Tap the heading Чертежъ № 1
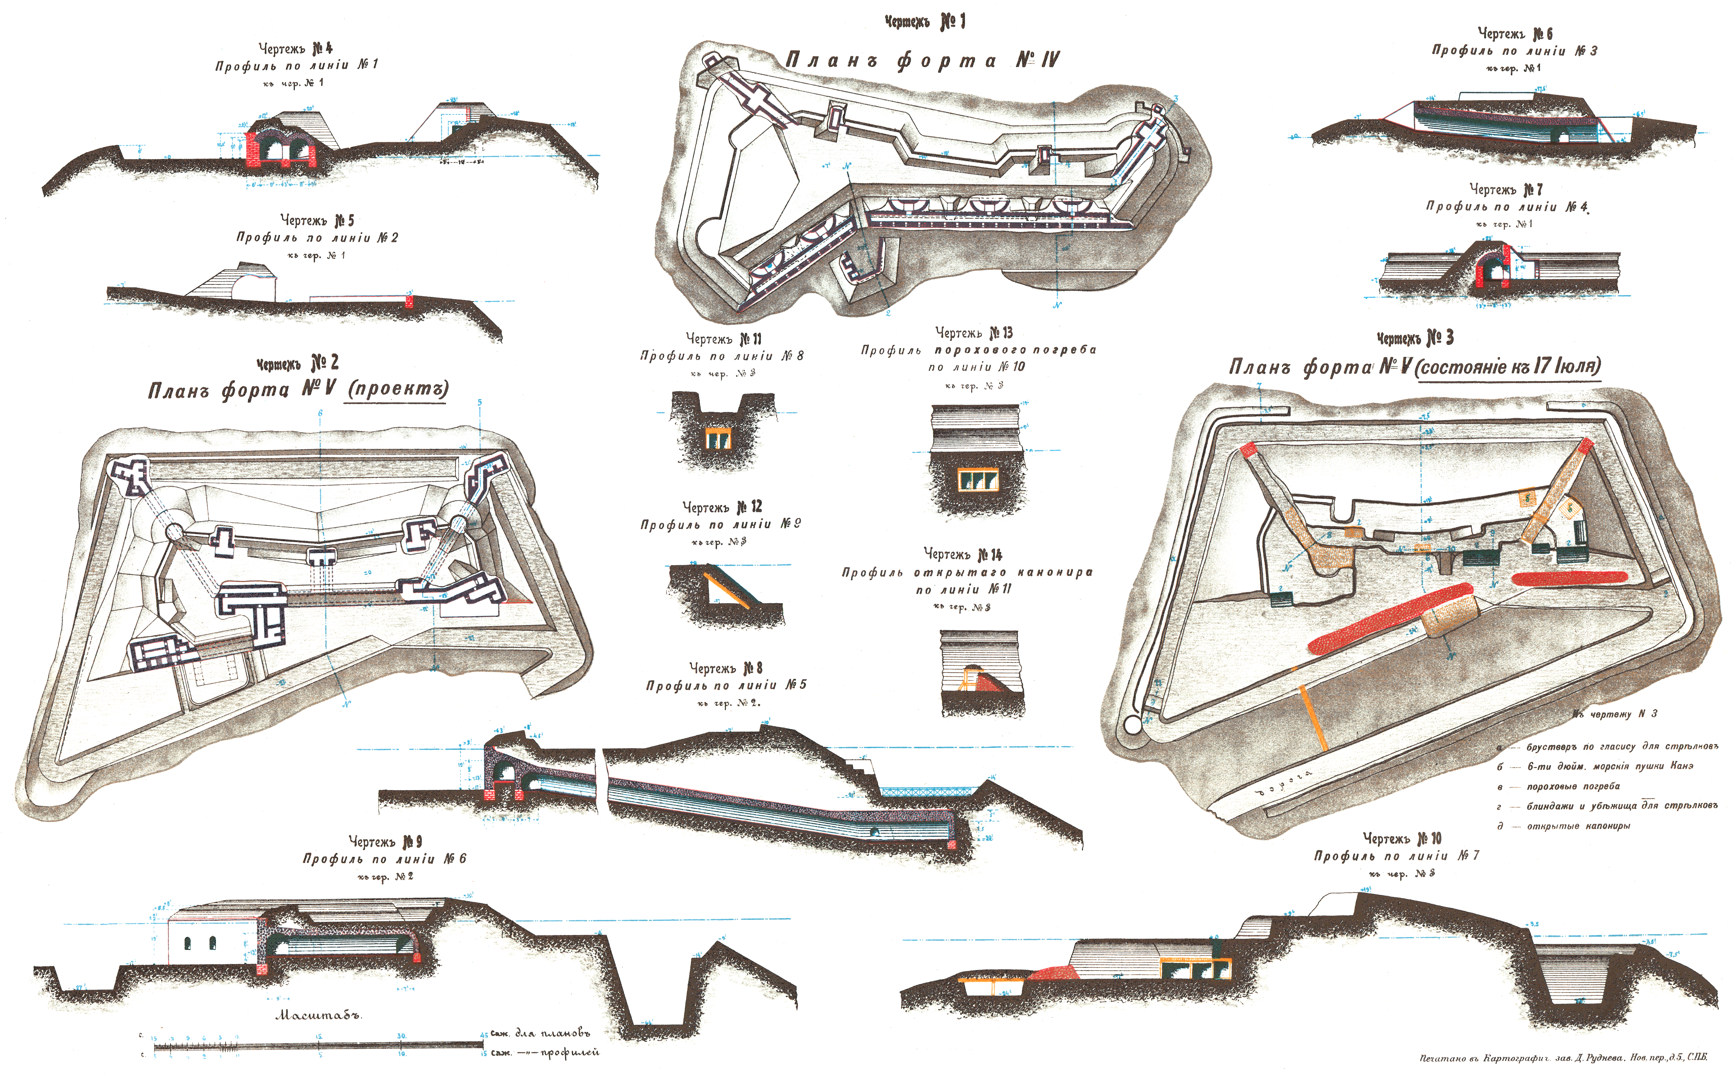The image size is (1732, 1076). coord(924,22)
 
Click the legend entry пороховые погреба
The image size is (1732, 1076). coord(1573,786)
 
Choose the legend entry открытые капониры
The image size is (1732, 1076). coord(1578,826)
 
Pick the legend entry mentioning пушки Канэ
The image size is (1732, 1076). coord(1610,767)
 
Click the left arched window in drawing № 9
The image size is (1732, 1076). coord(188,944)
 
